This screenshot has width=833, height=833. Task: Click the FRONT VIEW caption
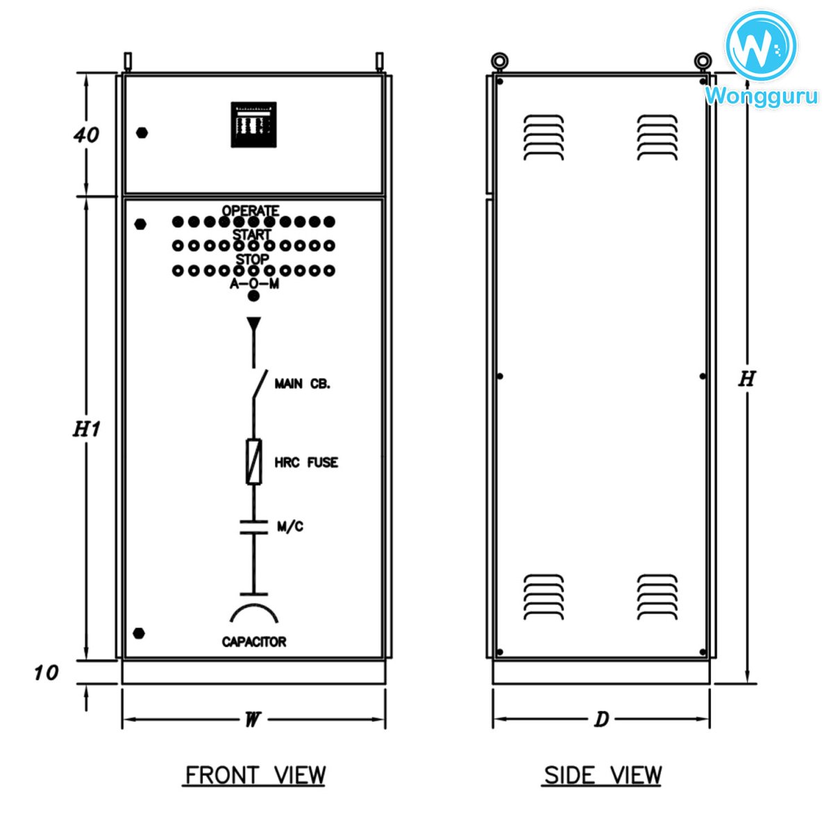click(254, 775)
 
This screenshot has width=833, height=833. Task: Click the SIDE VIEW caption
click(602, 775)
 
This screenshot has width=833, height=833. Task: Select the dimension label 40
click(86, 134)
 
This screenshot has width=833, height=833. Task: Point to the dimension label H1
click(87, 429)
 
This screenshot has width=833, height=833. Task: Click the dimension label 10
click(47, 672)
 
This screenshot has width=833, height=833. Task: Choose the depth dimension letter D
click(601, 719)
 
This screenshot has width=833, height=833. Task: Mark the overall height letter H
click(746, 378)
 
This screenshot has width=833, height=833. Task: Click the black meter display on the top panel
click(253, 125)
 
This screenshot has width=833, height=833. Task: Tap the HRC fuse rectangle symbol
click(254, 462)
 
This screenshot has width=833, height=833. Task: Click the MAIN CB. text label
click(302, 384)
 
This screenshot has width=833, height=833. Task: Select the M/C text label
click(290, 527)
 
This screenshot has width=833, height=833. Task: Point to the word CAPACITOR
click(254, 641)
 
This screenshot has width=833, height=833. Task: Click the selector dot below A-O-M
click(254, 296)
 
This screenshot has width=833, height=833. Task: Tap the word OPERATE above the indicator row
click(251, 210)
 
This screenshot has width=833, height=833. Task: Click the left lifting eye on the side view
click(498, 62)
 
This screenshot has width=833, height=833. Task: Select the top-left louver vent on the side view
click(544, 137)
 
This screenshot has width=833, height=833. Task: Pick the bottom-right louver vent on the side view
click(657, 597)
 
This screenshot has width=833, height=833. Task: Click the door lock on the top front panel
click(142, 133)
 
